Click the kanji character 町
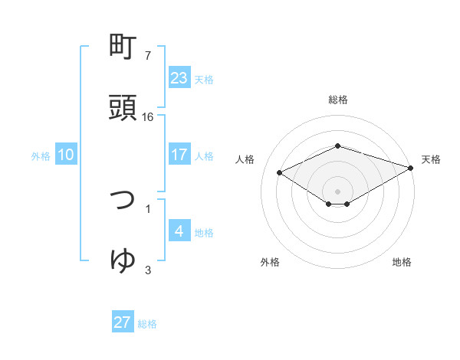click(x=123, y=48)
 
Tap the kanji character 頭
click(x=123, y=109)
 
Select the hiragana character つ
click(x=123, y=201)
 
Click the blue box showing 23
click(x=179, y=77)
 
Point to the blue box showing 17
click(x=179, y=155)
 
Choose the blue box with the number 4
click(x=179, y=231)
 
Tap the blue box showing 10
click(x=66, y=155)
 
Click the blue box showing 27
click(x=123, y=322)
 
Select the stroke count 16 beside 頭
click(x=149, y=116)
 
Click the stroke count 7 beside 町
click(x=148, y=56)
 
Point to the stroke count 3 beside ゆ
click(x=148, y=270)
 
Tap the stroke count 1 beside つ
click(x=148, y=208)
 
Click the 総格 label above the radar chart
click(x=337, y=100)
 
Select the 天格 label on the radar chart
click(x=431, y=159)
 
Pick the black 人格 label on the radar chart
click(x=245, y=159)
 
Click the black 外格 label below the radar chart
click(x=270, y=262)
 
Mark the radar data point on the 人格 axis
click(x=280, y=172)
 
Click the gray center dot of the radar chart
click(x=337, y=190)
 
